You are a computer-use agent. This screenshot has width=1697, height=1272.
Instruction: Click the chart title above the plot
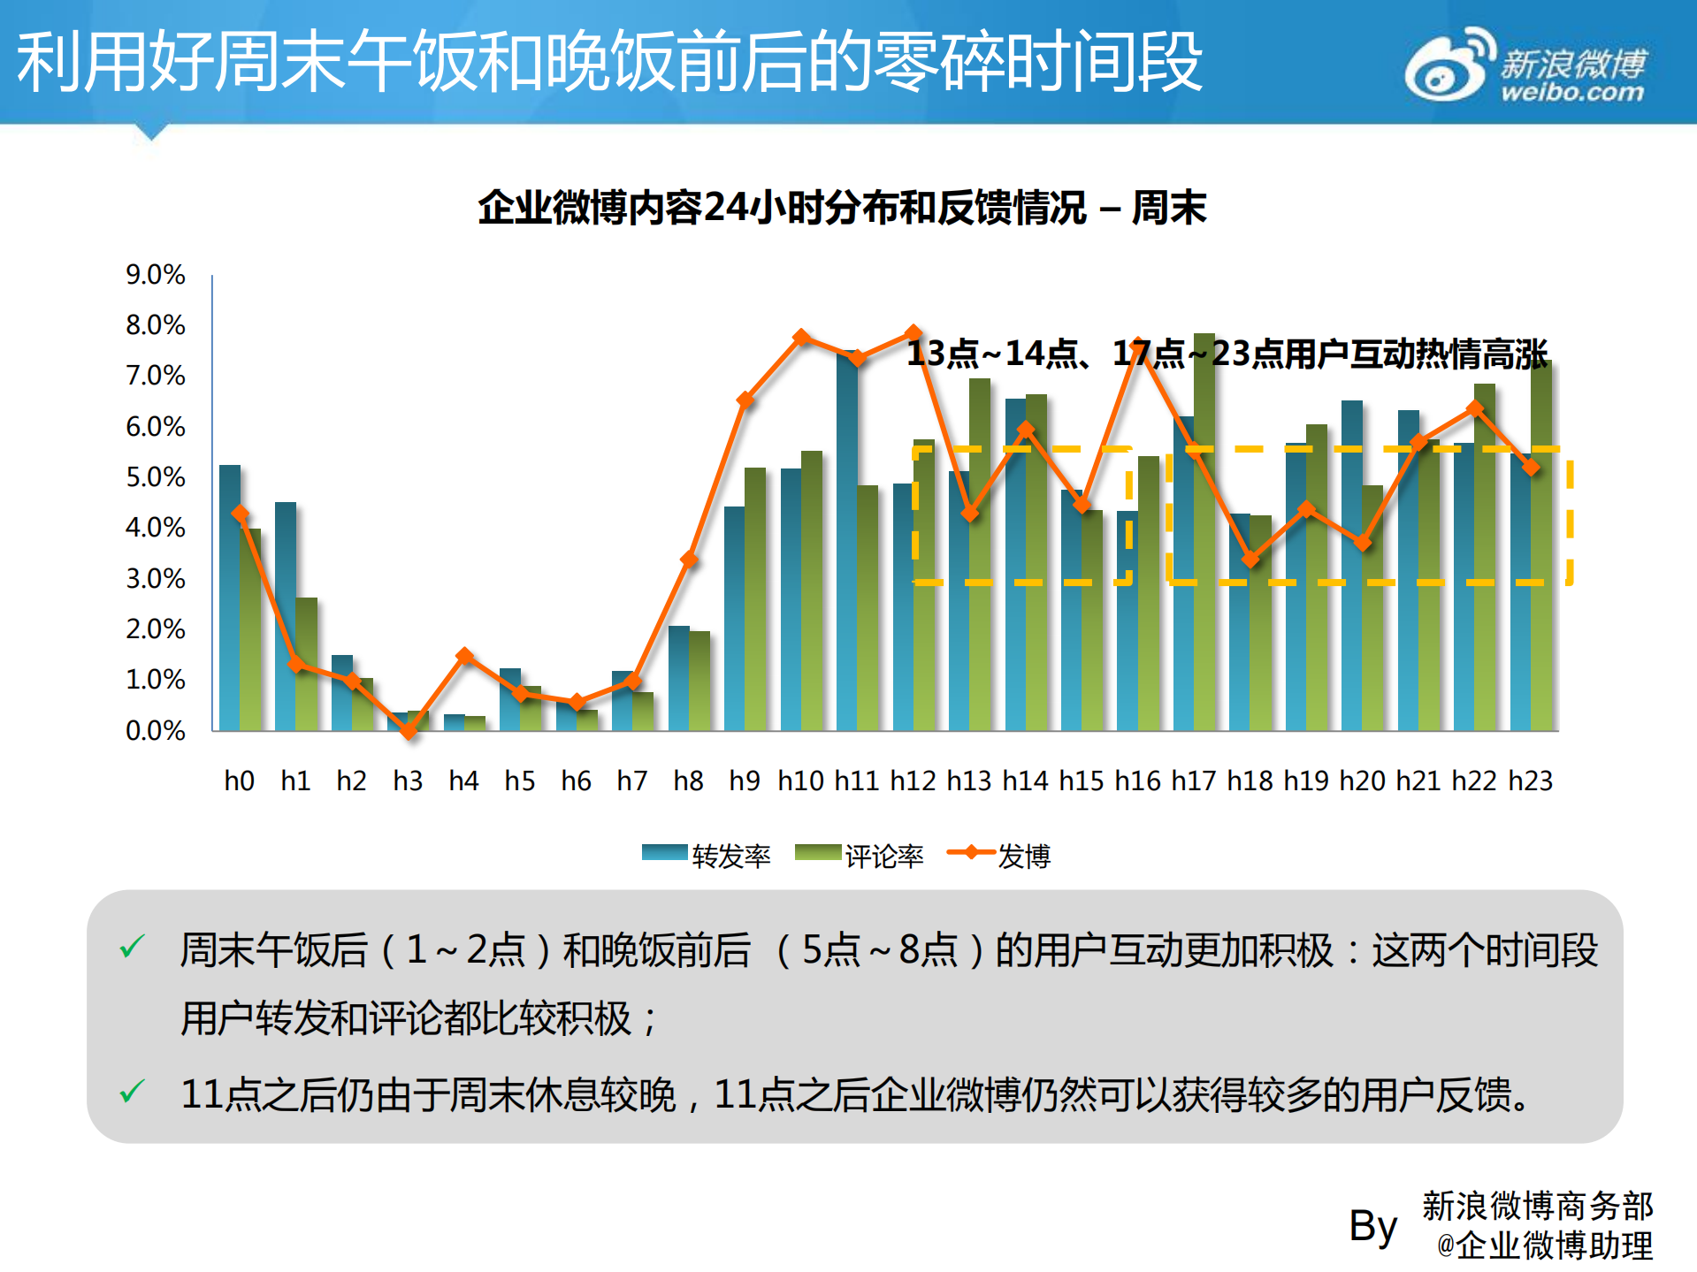pyautogui.click(x=841, y=208)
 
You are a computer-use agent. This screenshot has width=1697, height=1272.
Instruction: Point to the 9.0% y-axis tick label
pyautogui.click(x=156, y=275)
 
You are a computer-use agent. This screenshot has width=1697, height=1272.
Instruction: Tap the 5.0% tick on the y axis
pyautogui.click(x=156, y=477)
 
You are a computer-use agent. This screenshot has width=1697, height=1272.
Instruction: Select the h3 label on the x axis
pyautogui.click(x=408, y=781)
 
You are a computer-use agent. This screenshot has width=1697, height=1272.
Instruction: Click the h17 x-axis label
pyautogui.click(x=1193, y=781)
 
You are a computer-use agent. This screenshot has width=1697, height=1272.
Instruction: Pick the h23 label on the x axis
pyautogui.click(x=1530, y=781)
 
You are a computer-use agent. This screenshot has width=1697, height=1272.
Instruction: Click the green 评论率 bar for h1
pyautogui.click(x=307, y=664)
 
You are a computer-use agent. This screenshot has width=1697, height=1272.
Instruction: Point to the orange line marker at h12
pyautogui.click(x=914, y=333)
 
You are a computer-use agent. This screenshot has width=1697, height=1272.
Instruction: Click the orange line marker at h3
pyautogui.click(x=408, y=730)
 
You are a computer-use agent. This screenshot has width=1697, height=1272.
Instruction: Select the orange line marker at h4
pyautogui.click(x=464, y=656)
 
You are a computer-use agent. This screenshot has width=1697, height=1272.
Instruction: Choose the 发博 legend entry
pyautogui.click(x=999, y=855)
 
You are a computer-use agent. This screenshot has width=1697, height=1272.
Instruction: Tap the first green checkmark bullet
pyautogui.click(x=132, y=948)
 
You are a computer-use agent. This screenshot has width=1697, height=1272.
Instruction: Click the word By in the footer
pyautogui.click(x=1372, y=1226)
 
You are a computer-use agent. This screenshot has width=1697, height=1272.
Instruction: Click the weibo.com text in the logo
pyautogui.click(x=1572, y=92)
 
